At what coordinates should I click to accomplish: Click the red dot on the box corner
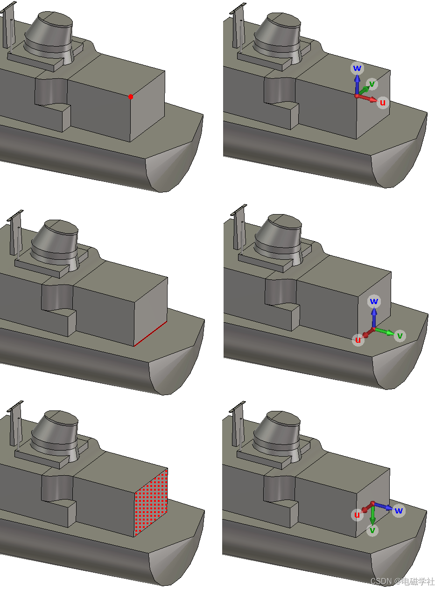[x=131, y=97]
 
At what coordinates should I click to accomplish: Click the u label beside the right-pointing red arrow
[x=383, y=103]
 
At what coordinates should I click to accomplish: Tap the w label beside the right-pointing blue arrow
[x=399, y=510]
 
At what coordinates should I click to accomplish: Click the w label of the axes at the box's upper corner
[x=357, y=68]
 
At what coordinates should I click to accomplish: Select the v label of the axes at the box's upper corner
[x=372, y=84]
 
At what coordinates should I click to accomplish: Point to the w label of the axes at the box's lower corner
[x=374, y=301]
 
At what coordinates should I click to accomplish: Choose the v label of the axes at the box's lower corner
[x=400, y=335]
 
